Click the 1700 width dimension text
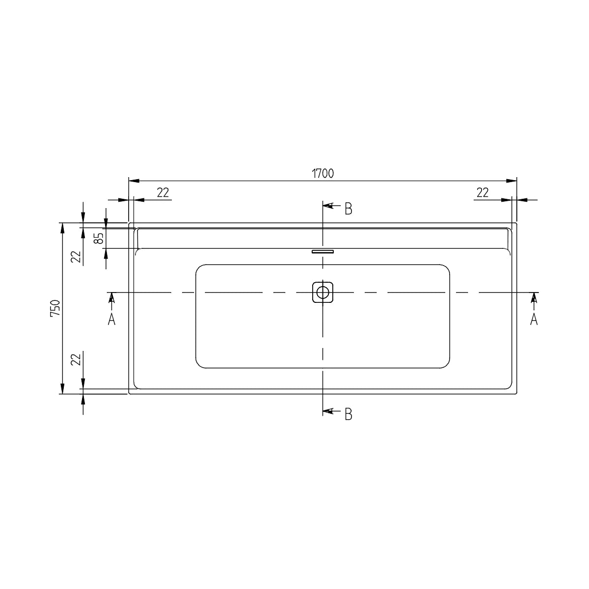(323, 174)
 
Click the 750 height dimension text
(55, 308)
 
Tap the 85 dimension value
(99, 239)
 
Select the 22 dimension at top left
(163, 192)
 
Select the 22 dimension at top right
(482, 192)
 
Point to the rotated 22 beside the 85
(76, 257)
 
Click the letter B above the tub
(348, 209)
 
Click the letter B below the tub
(348, 414)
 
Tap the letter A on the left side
(111, 320)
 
